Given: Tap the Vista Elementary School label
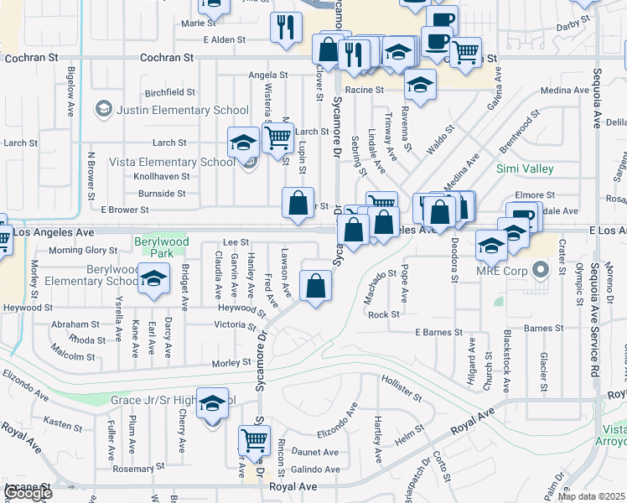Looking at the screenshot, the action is pyautogui.click(x=182, y=162).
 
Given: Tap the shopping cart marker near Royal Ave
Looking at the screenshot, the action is pyautogui.click(x=254, y=441).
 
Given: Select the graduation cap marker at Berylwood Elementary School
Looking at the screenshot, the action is pyautogui.click(x=153, y=280).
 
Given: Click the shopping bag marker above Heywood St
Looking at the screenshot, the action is pyautogui.click(x=315, y=287).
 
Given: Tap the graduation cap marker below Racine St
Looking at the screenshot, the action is pyautogui.click(x=421, y=85).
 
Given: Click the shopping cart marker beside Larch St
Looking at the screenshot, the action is pyautogui.click(x=277, y=137).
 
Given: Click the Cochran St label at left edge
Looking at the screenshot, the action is pyautogui.click(x=28, y=59).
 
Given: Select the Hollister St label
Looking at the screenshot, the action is pyautogui.click(x=400, y=389).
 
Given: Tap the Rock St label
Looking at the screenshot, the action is pyautogui.click(x=383, y=314).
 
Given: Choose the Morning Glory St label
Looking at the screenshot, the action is pyautogui.click(x=83, y=250).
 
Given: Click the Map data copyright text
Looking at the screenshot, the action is pyautogui.click(x=592, y=496).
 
